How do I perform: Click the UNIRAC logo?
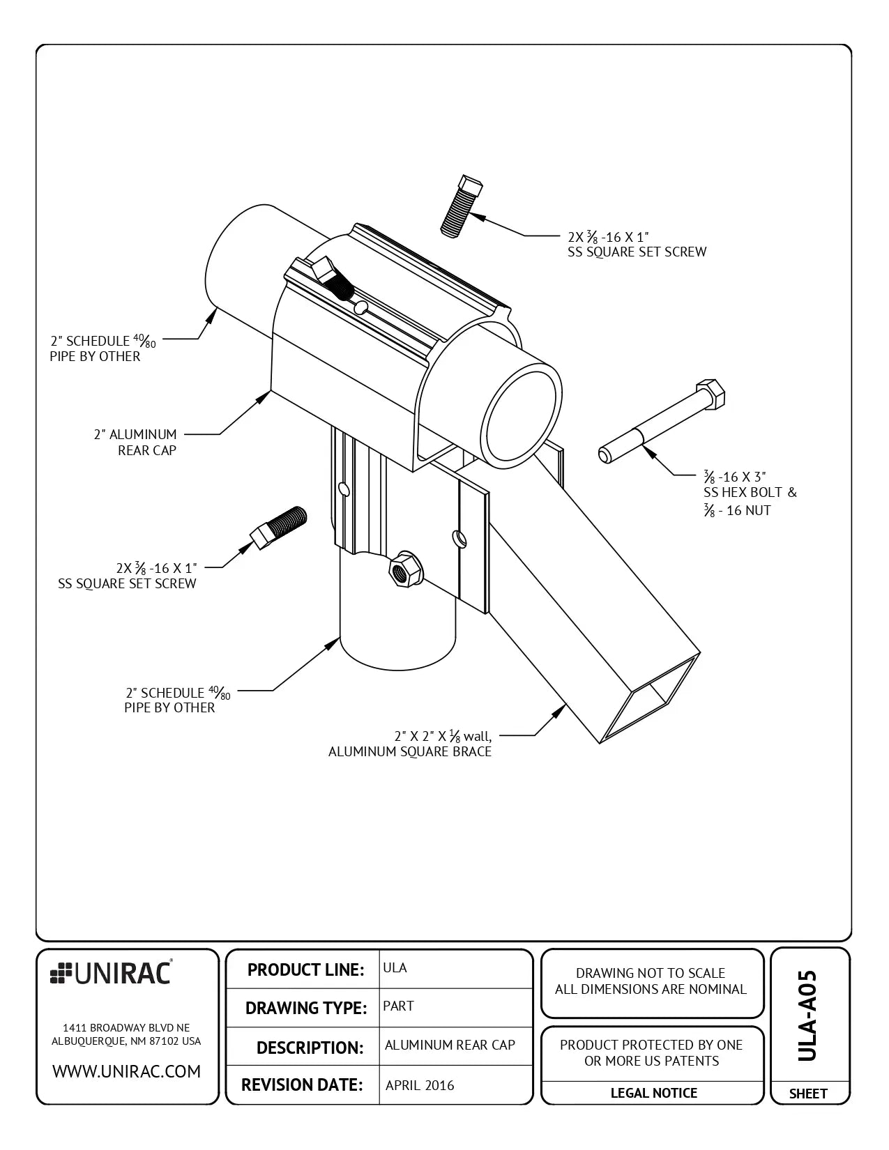pos(111,973)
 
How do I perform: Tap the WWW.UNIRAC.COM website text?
pos(126,1071)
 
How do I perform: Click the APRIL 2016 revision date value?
pos(419,1085)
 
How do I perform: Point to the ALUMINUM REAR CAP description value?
pos(450,1045)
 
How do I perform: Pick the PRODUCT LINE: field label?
pos(305,969)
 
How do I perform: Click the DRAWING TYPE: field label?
pos(305,1008)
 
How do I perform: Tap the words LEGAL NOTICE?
pos(653,1093)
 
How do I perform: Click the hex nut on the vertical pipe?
pos(402,569)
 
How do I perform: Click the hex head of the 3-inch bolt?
pos(710,394)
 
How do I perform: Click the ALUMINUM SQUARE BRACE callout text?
pos(410,751)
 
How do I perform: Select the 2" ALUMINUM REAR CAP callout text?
pos(137,442)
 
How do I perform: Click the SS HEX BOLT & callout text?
pos(750,493)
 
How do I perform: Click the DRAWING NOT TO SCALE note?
pos(650,973)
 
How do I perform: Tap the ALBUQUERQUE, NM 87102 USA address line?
pos(126,1041)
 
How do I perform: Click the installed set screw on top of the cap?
pos(331,277)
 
